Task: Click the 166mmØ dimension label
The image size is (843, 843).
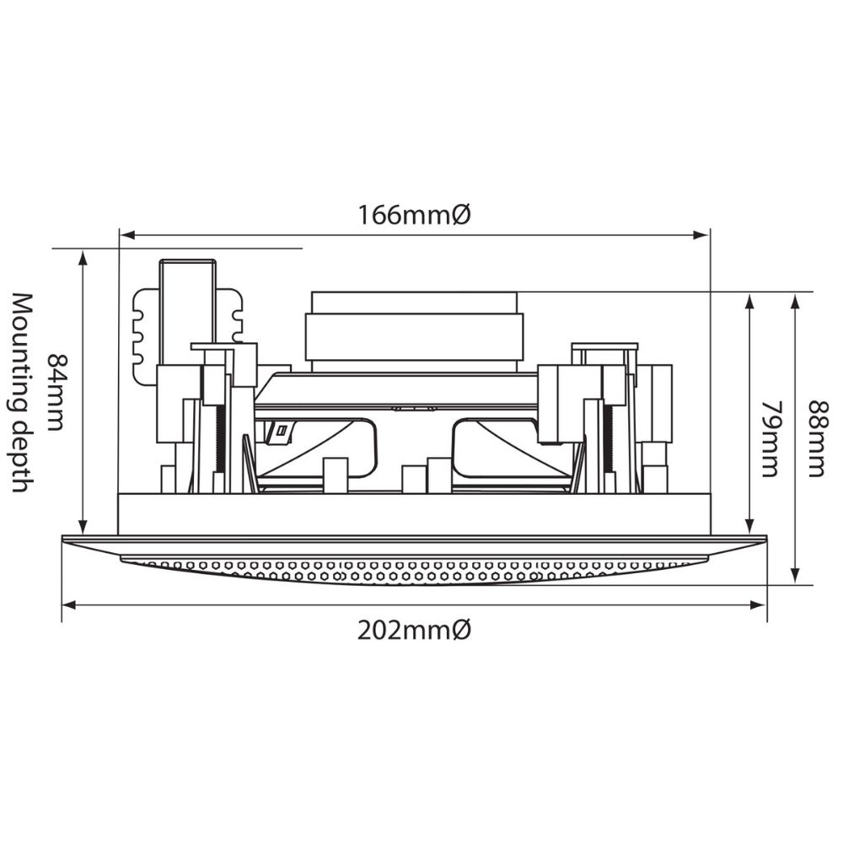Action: pos(414,215)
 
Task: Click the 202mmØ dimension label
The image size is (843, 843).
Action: pos(414,630)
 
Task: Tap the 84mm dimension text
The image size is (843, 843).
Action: pos(56,392)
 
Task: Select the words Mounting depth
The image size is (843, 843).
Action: pos(23,393)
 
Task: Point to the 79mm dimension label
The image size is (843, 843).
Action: pos(771,438)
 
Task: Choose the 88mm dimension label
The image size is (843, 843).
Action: pos(818,438)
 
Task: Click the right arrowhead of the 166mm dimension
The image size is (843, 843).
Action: pos(701,235)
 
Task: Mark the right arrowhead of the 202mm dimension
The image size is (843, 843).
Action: pos(758,605)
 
